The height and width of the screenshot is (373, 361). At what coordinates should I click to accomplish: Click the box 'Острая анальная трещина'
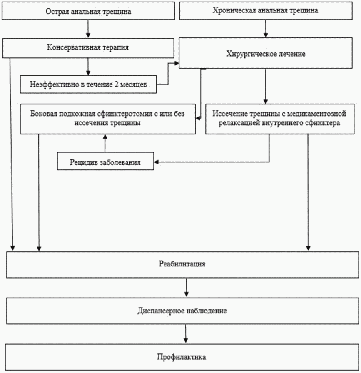click(88, 11)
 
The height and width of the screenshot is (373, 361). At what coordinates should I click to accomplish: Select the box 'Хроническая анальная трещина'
click(266, 11)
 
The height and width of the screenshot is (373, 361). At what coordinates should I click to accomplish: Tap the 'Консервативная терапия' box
click(88, 48)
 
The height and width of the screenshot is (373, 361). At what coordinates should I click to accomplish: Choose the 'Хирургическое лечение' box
click(266, 53)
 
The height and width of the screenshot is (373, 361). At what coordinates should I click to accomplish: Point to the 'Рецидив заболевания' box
click(105, 161)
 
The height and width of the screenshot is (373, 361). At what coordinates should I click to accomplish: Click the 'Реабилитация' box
click(182, 264)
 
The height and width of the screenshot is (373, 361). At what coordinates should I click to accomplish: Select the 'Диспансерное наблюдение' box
click(182, 311)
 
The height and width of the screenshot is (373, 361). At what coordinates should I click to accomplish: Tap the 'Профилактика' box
click(182, 357)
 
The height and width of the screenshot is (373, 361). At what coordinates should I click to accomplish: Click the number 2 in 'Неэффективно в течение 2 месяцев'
click(116, 84)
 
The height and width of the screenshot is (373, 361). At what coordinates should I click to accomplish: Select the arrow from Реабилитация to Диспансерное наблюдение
click(187, 288)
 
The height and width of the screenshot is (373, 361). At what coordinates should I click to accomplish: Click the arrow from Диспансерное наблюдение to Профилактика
click(186, 334)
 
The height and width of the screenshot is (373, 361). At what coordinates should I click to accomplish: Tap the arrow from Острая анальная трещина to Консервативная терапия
click(88, 29)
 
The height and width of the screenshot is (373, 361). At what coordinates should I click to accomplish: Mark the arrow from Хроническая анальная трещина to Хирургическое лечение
click(266, 29)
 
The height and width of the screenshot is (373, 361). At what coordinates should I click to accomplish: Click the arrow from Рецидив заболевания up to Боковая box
click(105, 143)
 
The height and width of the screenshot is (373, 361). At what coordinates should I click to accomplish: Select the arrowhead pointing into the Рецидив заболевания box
click(156, 162)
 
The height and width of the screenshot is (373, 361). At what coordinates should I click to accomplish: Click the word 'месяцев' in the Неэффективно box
click(133, 85)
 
